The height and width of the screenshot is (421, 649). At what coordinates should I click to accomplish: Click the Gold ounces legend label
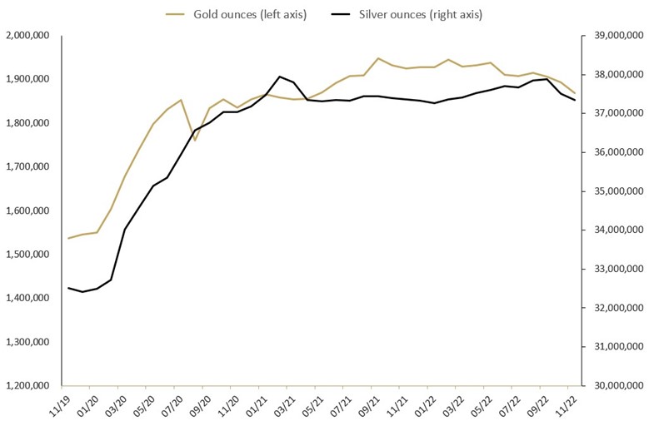(248, 14)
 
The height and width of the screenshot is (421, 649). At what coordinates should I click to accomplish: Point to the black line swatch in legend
(348, 14)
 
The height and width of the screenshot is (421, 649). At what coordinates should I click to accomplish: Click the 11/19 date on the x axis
(59, 406)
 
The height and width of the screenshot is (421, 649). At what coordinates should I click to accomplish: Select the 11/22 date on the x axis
(566, 406)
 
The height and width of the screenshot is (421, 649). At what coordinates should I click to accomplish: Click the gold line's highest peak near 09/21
(378, 58)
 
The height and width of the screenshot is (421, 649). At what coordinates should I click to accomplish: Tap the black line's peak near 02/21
(279, 77)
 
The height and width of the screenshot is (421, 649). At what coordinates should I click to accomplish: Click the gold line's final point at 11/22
(575, 93)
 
